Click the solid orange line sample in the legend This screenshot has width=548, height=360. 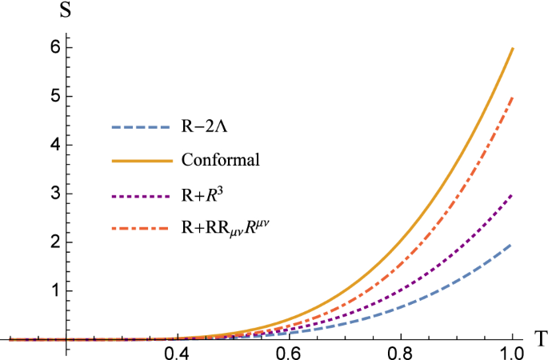142,161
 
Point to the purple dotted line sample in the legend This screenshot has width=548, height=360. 142,194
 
